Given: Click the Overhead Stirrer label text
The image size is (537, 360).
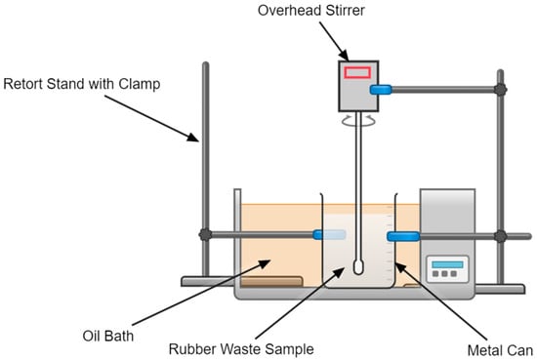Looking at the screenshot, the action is coord(310,11).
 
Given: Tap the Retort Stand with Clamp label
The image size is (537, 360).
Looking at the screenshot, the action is coord(82,84).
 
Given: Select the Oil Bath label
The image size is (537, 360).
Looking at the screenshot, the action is coord(107,336).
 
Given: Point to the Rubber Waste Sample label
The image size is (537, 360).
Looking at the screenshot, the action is coord(241,349).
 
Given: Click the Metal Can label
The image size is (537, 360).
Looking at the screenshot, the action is coord(500,350).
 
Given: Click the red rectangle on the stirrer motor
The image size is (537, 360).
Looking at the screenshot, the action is coord(357,72).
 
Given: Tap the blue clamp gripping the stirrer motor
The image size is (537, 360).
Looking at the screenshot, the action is coord(381,90).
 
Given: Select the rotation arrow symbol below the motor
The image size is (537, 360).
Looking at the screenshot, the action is coord(358,121).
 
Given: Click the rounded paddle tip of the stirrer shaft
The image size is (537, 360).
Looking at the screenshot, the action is coord(358,267).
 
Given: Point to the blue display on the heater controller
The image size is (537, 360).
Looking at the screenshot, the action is coord(447,264).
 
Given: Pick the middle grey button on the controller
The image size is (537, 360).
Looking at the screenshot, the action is coord(444,274).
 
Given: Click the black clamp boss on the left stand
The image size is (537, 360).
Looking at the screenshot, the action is coord(205,235).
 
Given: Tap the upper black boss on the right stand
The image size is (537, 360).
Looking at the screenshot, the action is coord(500,90).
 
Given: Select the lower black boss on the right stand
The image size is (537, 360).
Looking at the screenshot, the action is coord(500,236).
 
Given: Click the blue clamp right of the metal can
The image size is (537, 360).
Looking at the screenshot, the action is coord(403,236).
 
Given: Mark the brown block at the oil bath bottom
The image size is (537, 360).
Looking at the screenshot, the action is coord(271,281).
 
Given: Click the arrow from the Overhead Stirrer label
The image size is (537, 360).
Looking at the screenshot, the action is coord(334,41).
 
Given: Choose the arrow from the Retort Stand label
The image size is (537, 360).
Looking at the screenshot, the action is coord(151,118).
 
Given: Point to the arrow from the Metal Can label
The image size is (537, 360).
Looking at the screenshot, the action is coord(440,300).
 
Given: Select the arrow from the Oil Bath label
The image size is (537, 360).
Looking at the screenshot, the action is coord(201,293).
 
